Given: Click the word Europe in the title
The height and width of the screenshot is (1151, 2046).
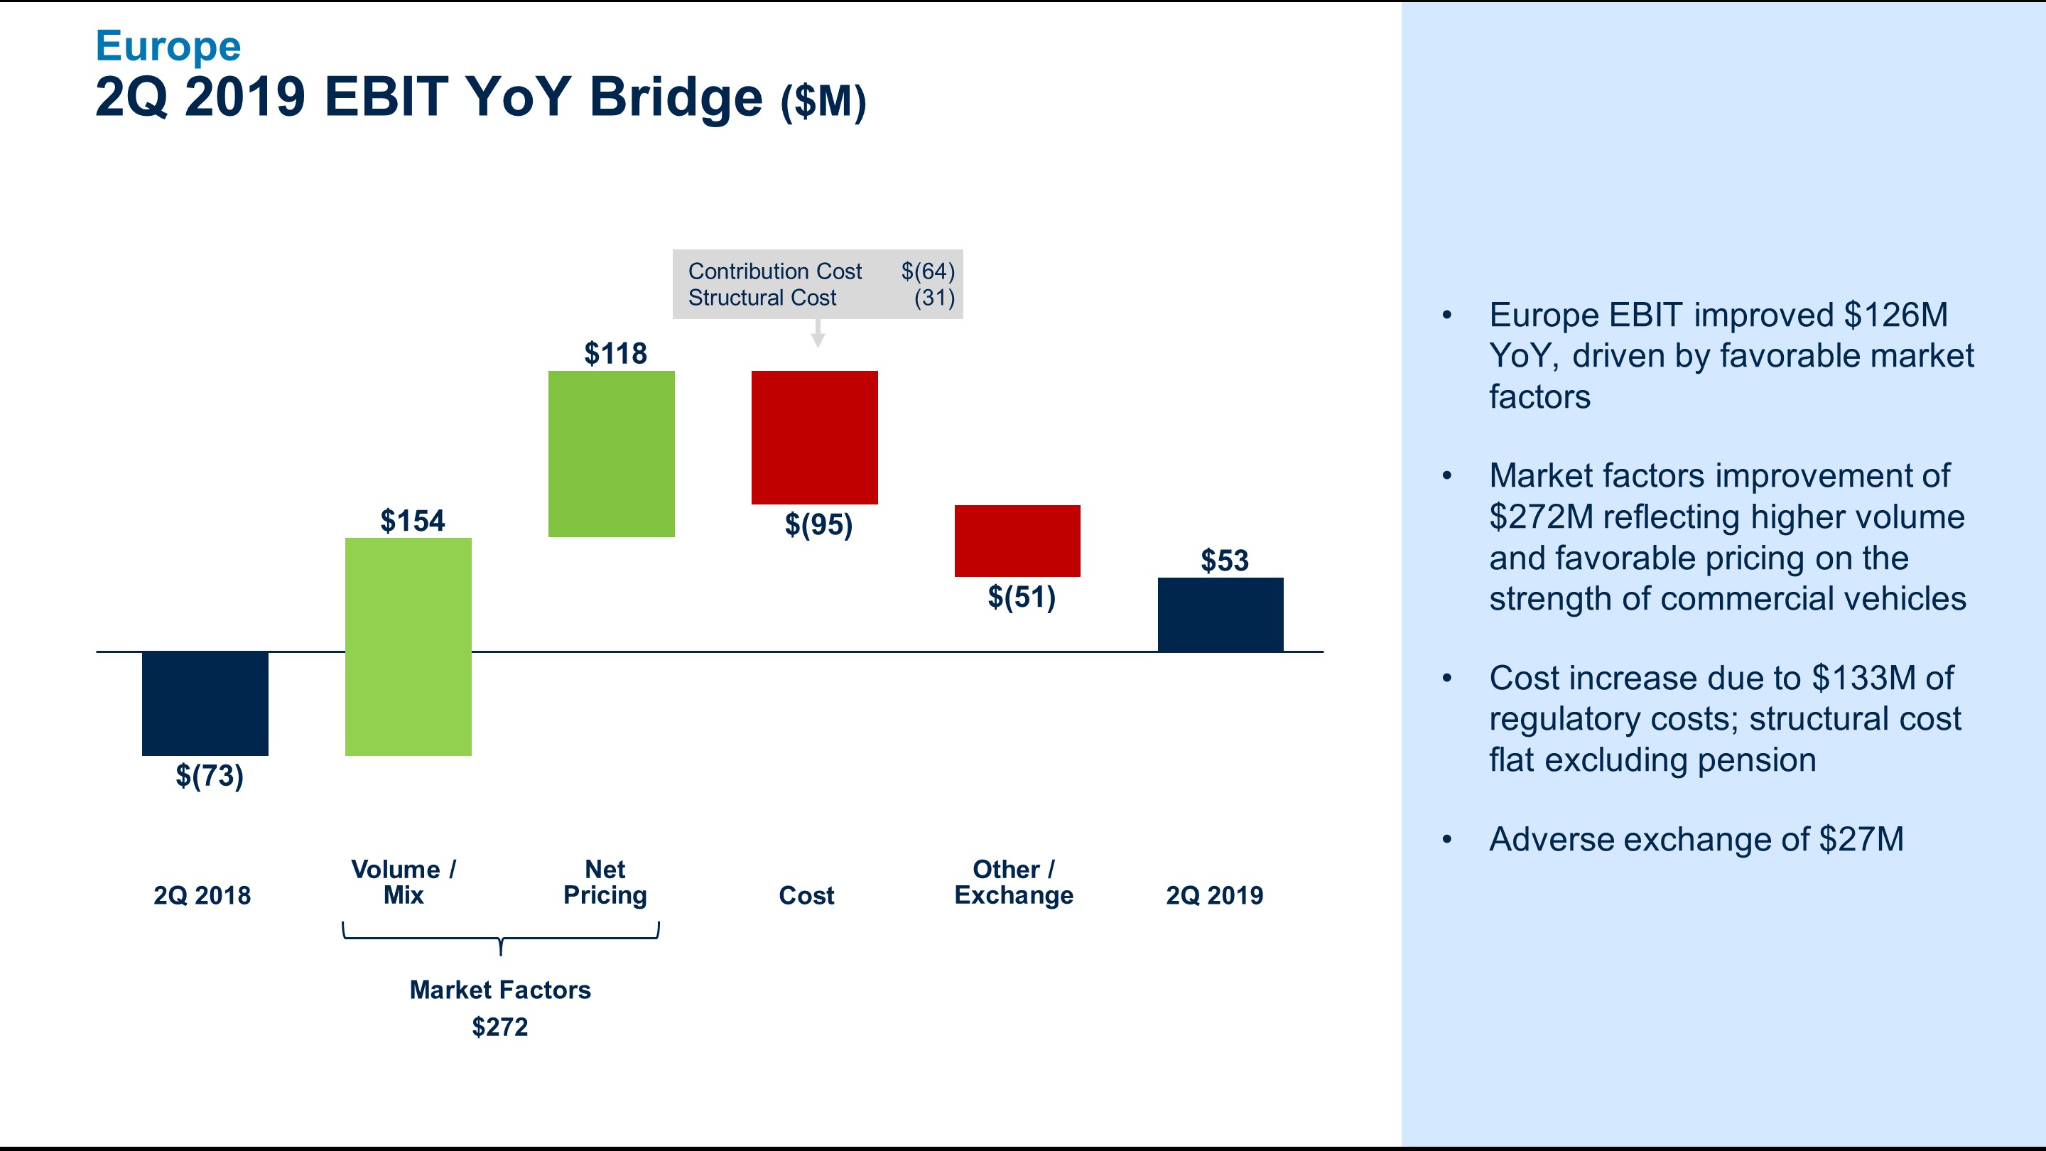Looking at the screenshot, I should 168,46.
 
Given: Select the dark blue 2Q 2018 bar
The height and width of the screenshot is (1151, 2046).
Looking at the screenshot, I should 205,703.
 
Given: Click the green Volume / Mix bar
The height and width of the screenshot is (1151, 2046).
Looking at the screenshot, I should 408,647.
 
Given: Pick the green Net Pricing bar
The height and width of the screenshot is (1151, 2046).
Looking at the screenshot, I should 611,453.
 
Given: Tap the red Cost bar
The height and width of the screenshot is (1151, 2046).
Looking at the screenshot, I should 814,437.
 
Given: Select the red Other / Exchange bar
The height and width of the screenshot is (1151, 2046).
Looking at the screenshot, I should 1017,540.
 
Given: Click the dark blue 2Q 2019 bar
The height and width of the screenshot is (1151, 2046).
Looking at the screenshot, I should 1220,614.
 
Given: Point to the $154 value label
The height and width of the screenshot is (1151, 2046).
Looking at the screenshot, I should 412,521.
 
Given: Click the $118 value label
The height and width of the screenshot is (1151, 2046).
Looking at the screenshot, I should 615,354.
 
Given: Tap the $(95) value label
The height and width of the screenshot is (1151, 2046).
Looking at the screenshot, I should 818,524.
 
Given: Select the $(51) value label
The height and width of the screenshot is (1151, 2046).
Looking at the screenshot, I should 1022,597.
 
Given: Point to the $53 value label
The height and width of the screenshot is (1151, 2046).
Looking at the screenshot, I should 1224,561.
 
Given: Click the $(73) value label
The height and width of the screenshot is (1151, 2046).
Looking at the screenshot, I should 209,775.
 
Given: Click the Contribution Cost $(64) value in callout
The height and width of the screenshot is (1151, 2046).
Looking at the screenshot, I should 927,271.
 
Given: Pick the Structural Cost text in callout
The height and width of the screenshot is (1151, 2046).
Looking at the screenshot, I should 762,298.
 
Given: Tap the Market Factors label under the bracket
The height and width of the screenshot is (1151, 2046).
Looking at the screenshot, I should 499,990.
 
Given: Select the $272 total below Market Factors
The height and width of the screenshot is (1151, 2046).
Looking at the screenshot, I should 499,1027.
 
